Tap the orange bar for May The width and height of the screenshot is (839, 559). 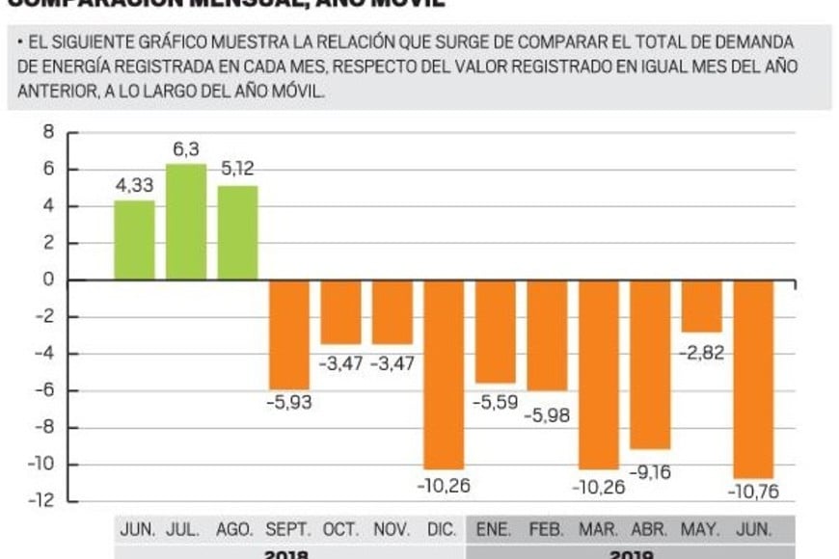(x=702, y=306)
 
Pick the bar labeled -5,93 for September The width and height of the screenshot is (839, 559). (x=288, y=334)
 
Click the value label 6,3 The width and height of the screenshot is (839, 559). (x=185, y=149)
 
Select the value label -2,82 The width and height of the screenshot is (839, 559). (x=703, y=353)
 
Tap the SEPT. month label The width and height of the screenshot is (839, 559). (x=288, y=530)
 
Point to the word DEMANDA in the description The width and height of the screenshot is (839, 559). (x=755, y=42)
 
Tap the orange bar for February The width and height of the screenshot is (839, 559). (x=547, y=334)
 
